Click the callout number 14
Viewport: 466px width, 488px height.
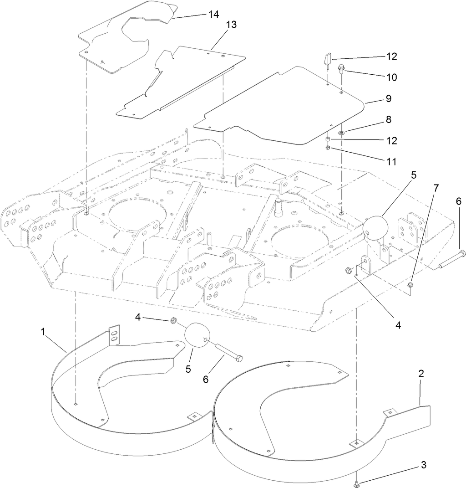[x=213, y=14]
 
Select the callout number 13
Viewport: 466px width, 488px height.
[x=231, y=25]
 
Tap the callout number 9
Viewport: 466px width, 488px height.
[x=388, y=98]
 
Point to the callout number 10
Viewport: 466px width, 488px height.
[x=391, y=77]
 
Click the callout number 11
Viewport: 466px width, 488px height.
[x=391, y=161]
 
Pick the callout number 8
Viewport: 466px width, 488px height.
[x=389, y=119]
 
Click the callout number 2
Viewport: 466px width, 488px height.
[x=421, y=374]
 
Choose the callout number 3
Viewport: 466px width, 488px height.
[x=423, y=465]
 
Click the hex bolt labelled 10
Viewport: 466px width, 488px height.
[x=341, y=70]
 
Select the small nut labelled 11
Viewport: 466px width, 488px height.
[x=328, y=148]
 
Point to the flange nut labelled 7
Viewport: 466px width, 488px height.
[x=410, y=285]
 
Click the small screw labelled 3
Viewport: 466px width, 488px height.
[x=356, y=483]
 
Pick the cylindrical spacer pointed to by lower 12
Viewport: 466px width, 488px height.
[x=328, y=139]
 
